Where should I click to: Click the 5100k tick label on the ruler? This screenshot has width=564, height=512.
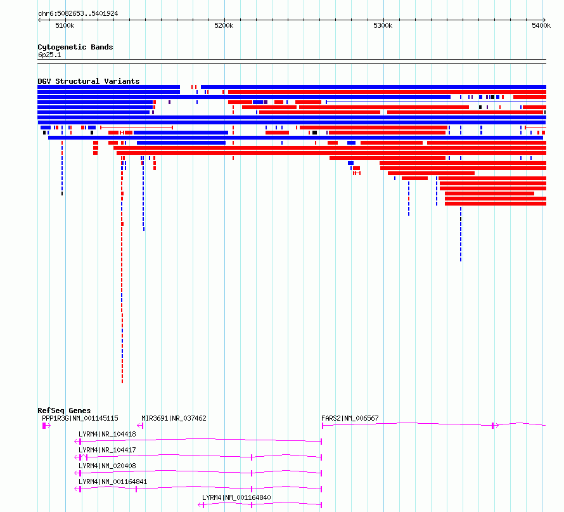pos(65,25)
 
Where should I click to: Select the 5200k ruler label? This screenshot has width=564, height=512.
pos(224,25)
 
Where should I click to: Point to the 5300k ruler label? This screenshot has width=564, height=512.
pos(383,25)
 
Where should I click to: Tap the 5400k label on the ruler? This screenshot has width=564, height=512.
pos(541,25)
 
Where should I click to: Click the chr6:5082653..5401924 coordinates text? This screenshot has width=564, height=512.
pos(78,14)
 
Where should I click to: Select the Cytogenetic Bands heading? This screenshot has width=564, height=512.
pos(75,47)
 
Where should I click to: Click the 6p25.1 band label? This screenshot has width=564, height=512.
pos(49,55)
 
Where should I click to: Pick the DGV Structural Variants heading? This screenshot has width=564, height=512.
pos(89,81)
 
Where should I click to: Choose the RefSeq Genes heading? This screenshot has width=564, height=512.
pos(64,410)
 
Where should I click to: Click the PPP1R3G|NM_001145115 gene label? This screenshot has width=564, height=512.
pos(80,418)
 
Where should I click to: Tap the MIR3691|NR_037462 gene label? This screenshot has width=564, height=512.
pos(174,418)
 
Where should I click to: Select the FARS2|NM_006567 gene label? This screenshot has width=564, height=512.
pos(350,418)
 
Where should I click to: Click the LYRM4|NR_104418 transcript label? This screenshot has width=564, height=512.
pos(107,434)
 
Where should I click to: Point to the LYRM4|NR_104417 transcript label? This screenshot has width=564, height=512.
pos(107,450)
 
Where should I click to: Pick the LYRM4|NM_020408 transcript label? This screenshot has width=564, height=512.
pos(107,466)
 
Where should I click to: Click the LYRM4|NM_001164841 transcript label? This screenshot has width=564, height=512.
pos(113,482)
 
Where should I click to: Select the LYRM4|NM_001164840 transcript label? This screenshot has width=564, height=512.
pos(236,497)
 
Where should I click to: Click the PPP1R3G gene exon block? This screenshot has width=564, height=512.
pos(44,426)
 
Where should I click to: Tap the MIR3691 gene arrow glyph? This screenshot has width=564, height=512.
pos(140,426)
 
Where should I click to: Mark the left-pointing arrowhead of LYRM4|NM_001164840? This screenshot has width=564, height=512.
pos(200,505)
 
